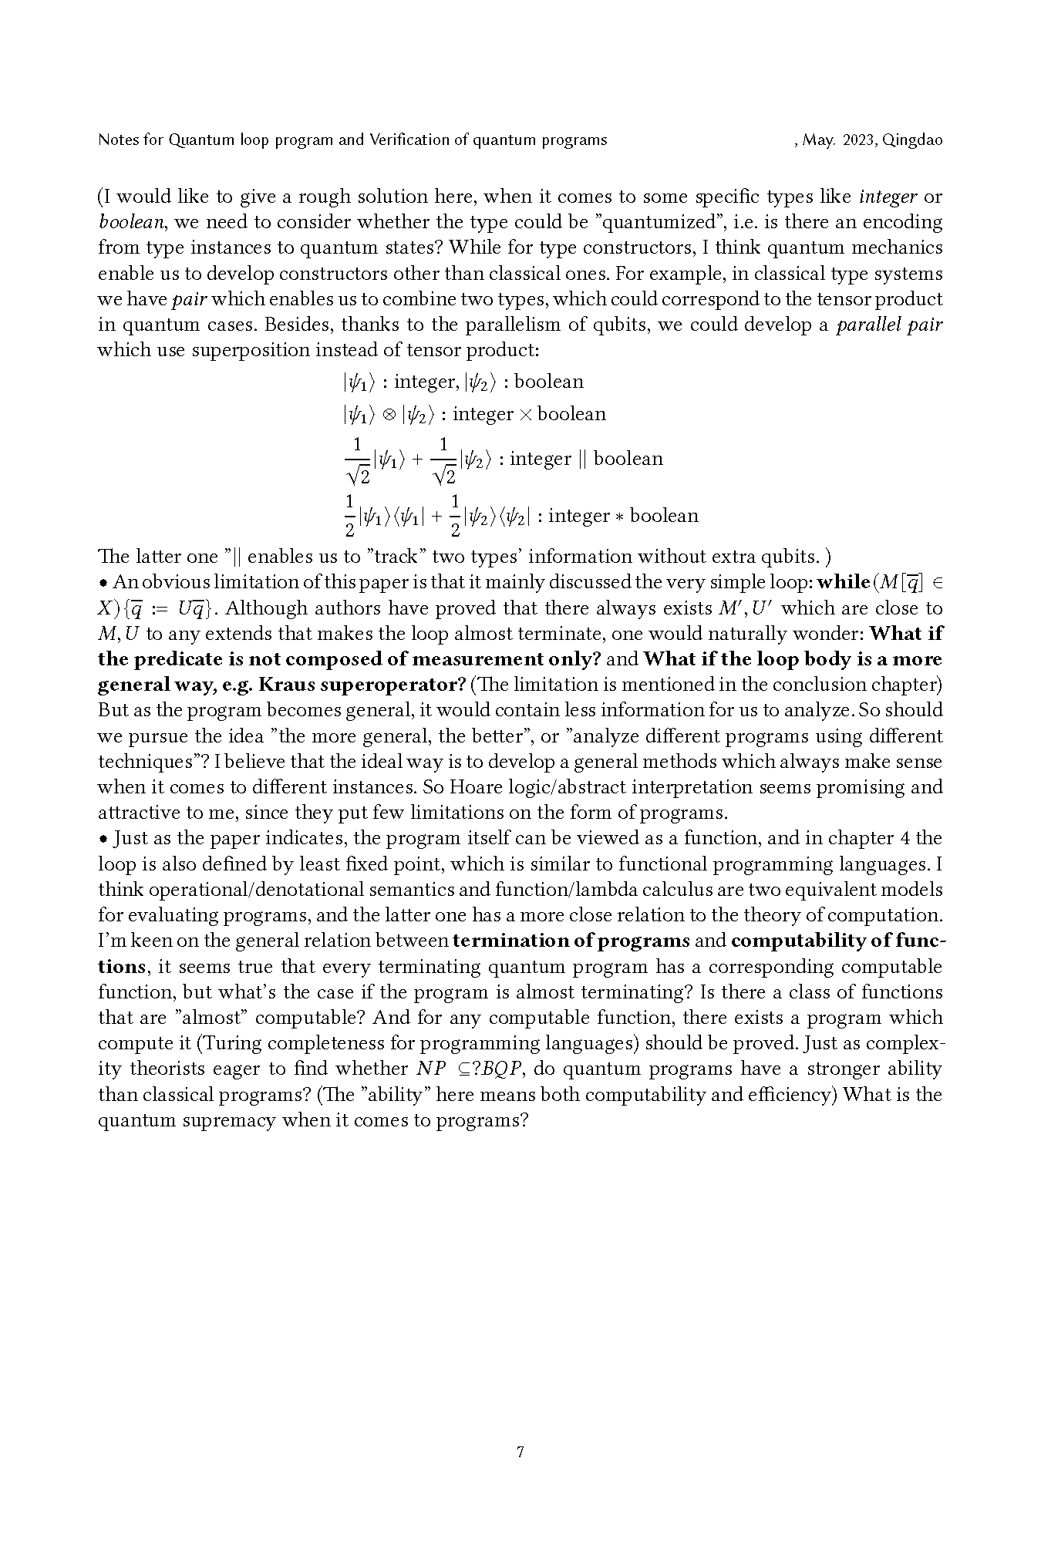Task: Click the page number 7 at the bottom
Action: click(520, 1453)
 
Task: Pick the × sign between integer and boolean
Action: click(525, 415)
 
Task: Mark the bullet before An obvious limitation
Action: click(103, 583)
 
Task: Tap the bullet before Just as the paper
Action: click(103, 839)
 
